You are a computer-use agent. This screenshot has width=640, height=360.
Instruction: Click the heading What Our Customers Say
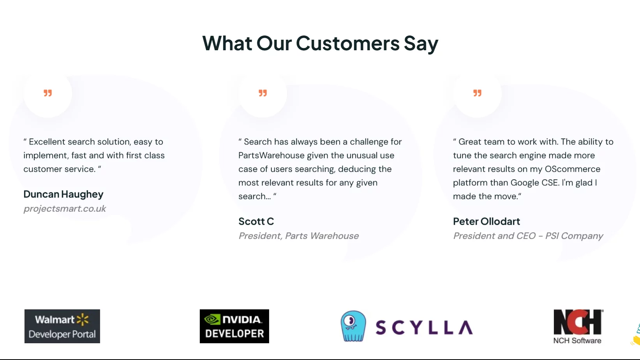320,43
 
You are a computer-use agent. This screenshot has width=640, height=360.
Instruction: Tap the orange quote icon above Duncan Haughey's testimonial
48,93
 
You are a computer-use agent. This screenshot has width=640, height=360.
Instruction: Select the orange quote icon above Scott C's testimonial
263,93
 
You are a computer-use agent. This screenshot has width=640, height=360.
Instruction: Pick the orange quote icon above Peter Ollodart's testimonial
477,93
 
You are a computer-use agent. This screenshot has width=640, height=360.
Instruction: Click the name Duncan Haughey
63,194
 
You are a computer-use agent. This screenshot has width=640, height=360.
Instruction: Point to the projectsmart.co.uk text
65,208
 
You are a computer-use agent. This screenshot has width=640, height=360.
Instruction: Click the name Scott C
256,221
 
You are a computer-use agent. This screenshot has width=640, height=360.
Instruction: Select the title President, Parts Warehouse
298,236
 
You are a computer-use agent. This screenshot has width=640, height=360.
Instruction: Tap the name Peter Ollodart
487,221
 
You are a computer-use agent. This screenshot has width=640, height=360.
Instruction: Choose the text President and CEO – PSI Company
528,236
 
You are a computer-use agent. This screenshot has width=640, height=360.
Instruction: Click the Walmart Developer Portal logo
62,326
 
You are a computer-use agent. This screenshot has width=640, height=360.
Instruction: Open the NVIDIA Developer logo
234,326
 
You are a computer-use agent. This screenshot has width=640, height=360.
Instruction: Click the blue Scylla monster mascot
353,326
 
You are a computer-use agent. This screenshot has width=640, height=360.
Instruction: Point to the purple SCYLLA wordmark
424,327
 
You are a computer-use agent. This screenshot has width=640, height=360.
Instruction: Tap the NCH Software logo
578,326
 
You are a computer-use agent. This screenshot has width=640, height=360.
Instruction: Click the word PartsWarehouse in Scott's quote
272,155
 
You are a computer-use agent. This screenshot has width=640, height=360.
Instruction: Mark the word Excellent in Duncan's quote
47,142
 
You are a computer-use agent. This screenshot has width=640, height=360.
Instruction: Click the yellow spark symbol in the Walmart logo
83,319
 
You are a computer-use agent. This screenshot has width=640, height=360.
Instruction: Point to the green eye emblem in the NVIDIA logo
212,319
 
